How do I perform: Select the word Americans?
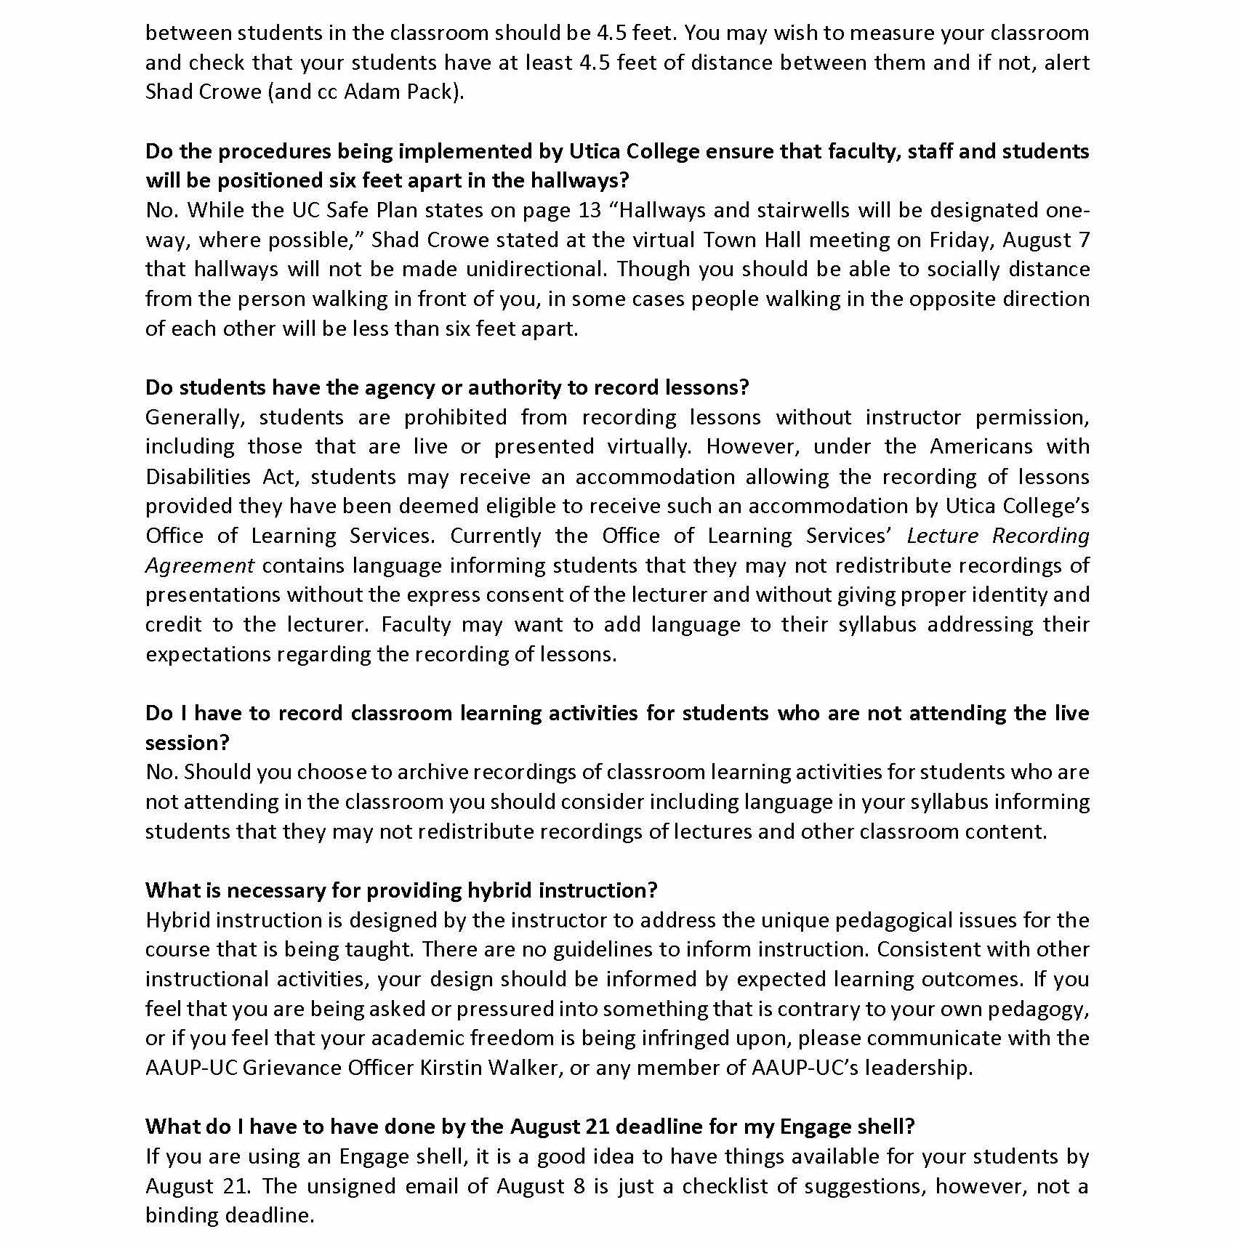[x=981, y=446]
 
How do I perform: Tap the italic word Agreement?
[x=200, y=565]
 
